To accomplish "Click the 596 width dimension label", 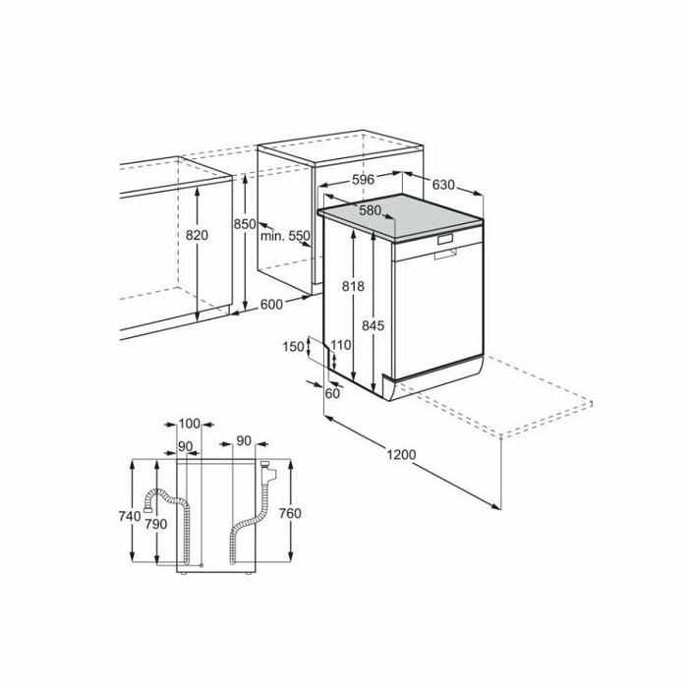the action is coord(364,180).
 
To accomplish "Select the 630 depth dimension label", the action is coord(443,185).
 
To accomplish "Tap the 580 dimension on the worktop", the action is coord(370,210).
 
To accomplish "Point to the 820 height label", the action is coord(197,236).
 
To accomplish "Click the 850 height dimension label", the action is coord(245,224).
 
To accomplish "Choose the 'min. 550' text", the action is coord(285,236).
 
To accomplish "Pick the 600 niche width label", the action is coord(271,304).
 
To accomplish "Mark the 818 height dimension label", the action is coord(353,286).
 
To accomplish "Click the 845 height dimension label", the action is coord(373,325).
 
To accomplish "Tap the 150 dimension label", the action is coord(293,347).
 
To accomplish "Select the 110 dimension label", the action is coord(341,345).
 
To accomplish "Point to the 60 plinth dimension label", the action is coord(332,393).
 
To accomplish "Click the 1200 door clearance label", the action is coord(401,454).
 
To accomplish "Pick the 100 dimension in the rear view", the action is coord(189,424).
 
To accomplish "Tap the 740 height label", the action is coord(130,516).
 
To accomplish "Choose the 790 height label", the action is coord(156,524).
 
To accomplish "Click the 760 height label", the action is coord(290,513).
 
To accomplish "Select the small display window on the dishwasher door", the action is coord(445,240).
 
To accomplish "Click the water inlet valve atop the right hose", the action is coord(267,471).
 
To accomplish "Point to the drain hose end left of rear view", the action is coord(147,509).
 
